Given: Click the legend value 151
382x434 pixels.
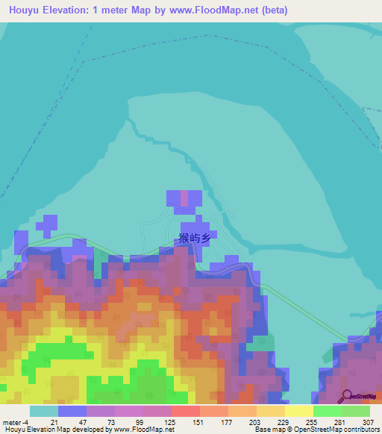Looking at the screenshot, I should point(198,421).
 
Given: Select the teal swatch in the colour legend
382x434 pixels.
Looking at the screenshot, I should point(43,411).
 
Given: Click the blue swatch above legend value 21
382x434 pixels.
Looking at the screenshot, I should point(72,411).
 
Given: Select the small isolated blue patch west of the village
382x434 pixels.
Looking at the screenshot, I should point(48,224).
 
